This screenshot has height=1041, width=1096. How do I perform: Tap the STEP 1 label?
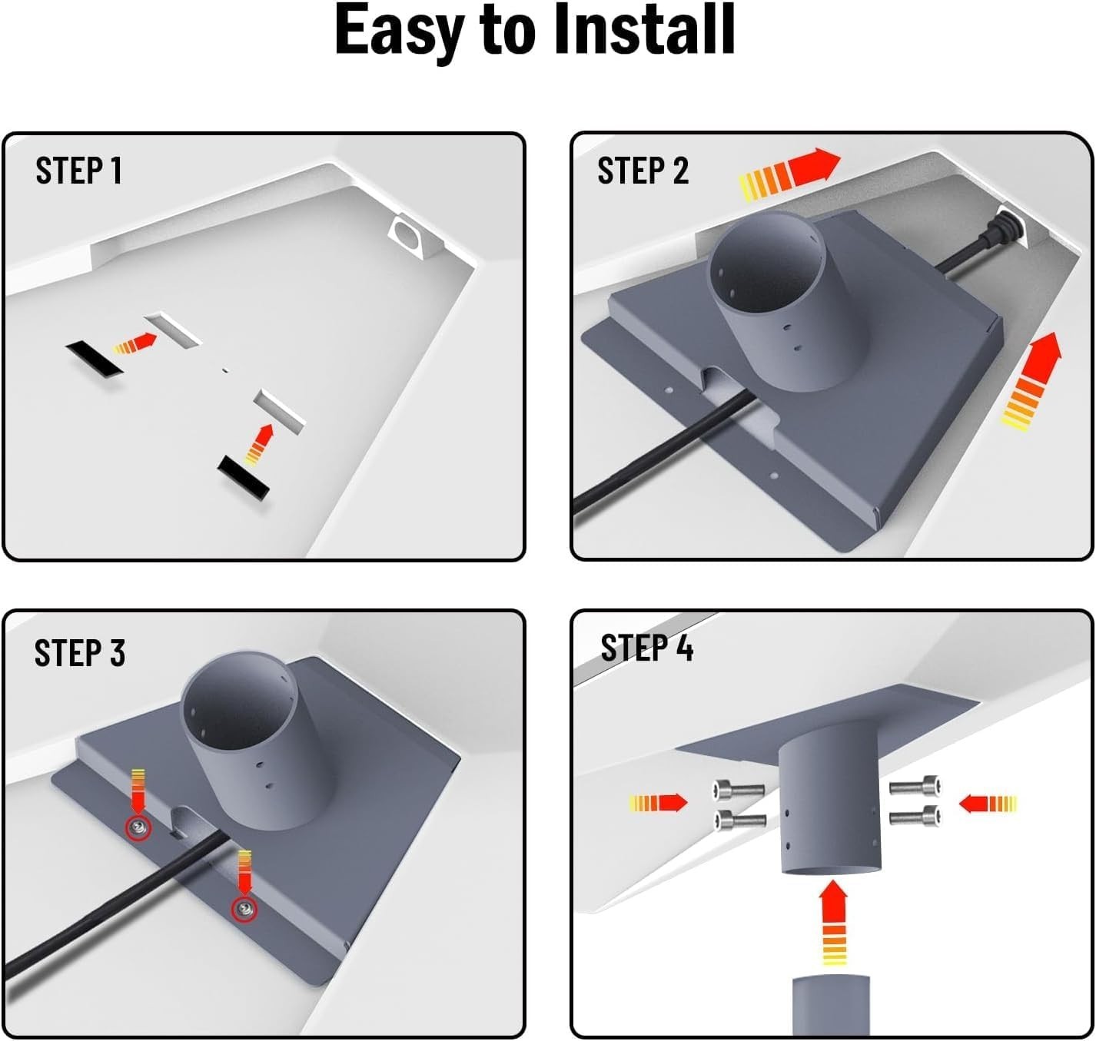[78, 171]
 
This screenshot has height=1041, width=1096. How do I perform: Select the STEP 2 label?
[643, 171]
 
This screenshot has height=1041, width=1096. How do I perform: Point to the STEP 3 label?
[79, 653]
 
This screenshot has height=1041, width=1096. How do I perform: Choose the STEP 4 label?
[646, 648]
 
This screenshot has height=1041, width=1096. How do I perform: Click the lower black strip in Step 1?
[244, 476]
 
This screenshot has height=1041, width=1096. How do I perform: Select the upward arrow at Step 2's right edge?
[1032, 380]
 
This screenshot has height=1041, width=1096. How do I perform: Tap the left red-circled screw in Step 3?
[138, 827]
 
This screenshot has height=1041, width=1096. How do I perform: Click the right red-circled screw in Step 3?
[244, 909]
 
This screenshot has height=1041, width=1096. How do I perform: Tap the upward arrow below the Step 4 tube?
[833, 921]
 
